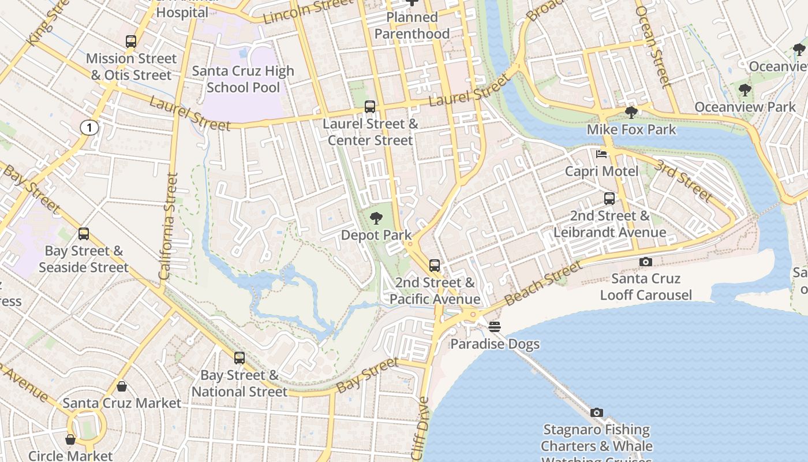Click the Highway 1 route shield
89,128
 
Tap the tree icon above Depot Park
376,218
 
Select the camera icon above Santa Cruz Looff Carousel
646,262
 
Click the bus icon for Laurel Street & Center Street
370,106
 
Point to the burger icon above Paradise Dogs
495,327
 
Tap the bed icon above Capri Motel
601,154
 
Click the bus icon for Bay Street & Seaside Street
84,234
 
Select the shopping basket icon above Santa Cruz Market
122,386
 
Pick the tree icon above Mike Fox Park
631,112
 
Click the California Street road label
169,226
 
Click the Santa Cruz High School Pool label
243,79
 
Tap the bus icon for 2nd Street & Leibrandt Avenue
609,199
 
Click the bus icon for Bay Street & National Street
240,358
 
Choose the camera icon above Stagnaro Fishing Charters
597,412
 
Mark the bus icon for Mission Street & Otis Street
131,42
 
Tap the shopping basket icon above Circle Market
70,439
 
